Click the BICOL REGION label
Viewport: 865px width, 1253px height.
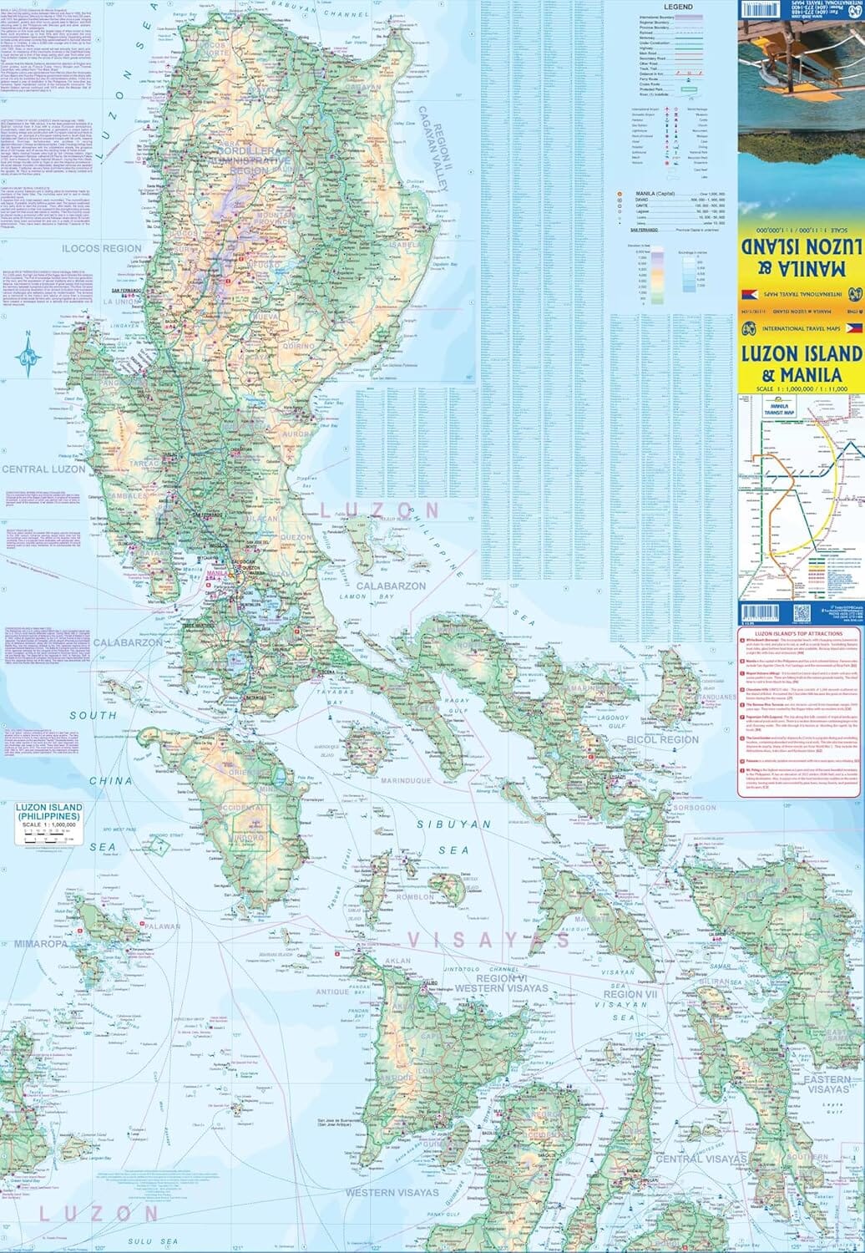pos(665,739)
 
